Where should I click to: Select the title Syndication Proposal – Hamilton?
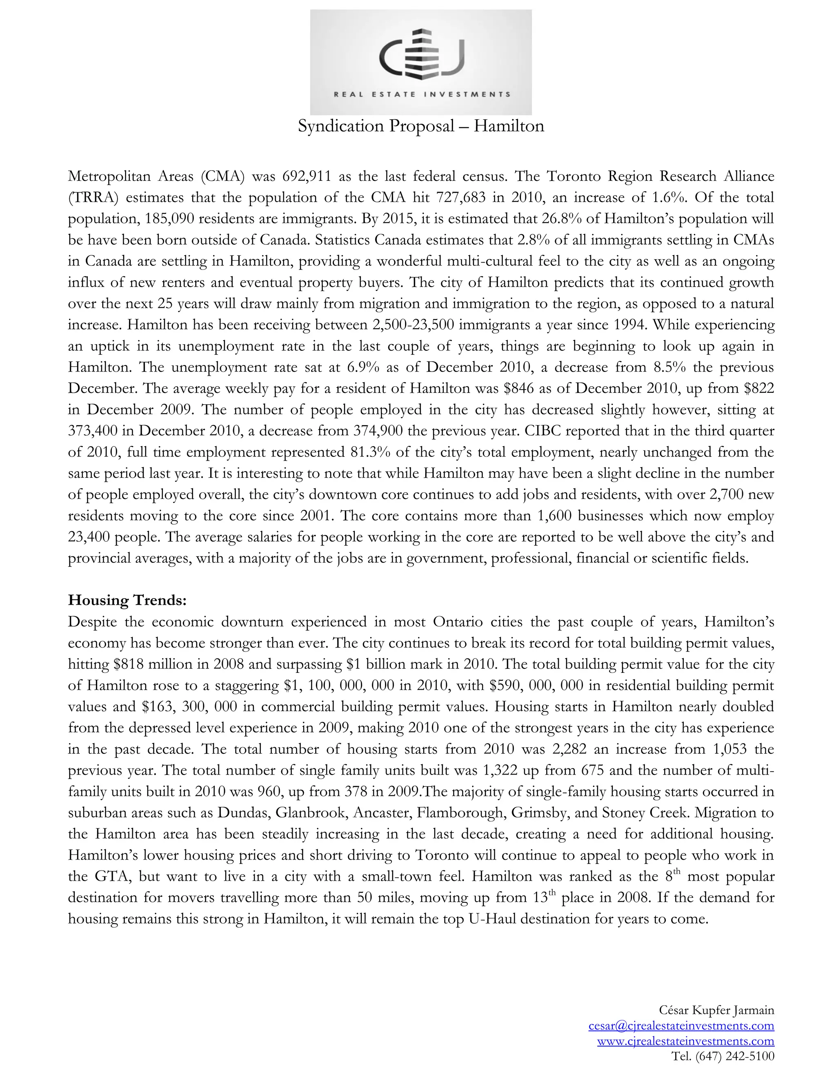[420, 126]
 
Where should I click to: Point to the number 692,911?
[303, 176]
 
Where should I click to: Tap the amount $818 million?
[151, 664]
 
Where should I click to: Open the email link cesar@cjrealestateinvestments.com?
[681, 1026]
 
